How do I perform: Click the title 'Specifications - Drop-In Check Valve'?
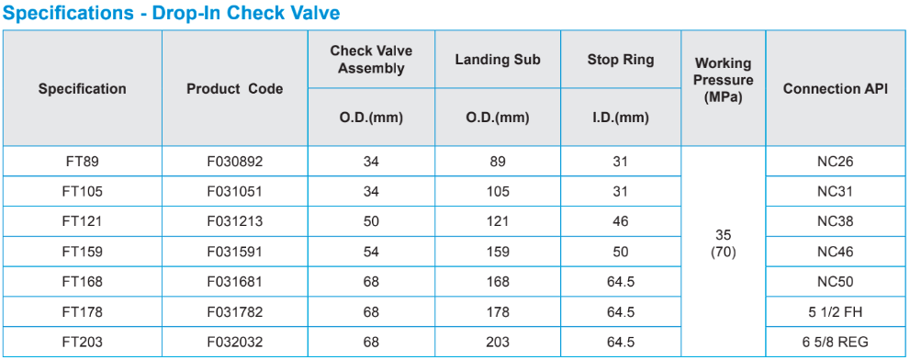coord(172,13)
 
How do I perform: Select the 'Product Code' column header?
coord(235,89)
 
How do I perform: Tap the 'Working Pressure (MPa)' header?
coord(723,80)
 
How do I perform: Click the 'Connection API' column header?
coord(835,89)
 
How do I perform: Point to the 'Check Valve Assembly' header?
coord(371,59)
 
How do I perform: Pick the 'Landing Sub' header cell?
coord(498,59)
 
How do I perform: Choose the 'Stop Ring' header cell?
coord(621,59)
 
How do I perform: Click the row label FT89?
coord(83,162)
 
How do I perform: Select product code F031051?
coord(235,192)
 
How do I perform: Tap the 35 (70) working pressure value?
coord(723,244)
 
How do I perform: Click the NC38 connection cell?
coord(835,222)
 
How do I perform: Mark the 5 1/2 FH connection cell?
coord(835,312)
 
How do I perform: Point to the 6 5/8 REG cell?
coord(835,343)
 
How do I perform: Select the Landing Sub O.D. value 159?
coord(498,252)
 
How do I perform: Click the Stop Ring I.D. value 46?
coord(621,222)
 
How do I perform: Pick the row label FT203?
coord(83,343)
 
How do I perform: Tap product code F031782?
coord(235,312)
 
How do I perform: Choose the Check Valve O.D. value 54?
coord(371,252)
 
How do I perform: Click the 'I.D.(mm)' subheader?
coord(621,118)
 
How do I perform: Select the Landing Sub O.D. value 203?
coord(498,343)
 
